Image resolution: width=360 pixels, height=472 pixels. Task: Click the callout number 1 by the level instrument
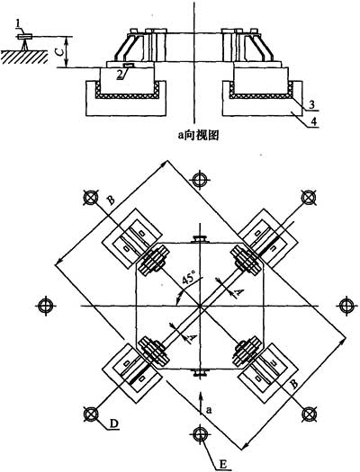(x=18, y=24)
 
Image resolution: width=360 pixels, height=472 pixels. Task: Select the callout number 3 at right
(x=311, y=105)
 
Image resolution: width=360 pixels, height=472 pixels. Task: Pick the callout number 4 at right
(x=313, y=121)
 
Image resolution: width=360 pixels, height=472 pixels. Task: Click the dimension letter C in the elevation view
(x=60, y=52)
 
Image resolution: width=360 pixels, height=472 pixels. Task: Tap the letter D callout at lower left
(x=113, y=423)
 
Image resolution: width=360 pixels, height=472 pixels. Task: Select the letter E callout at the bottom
(x=223, y=465)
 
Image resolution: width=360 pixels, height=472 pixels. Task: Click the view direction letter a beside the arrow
(x=210, y=410)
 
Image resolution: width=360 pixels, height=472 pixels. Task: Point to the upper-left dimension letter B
(x=112, y=200)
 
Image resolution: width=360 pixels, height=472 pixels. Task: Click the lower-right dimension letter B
(x=294, y=384)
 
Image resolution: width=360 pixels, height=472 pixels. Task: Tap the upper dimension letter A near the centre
(x=239, y=292)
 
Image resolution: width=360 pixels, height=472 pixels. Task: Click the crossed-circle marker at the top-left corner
(x=91, y=198)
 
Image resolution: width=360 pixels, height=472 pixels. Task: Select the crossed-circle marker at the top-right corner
(x=308, y=198)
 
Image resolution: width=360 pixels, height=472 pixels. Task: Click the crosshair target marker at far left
(x=46, y=306)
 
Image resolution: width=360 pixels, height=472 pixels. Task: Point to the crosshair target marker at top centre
(x=199, y=180)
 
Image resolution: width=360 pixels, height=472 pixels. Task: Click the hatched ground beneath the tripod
(x=24, y=57)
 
